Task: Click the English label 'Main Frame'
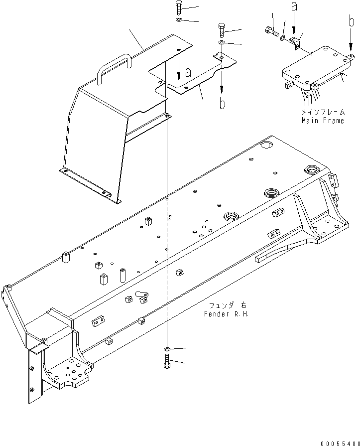(x=322, y=121)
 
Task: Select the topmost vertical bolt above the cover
(x=179, y=8)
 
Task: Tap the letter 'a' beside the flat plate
(x=188, y=73)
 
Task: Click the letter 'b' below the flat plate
(x=222, y=104)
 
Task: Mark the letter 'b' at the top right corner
(x=351, y=21)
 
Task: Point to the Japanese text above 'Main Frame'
(x=322, y=113)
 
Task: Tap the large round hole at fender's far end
(x=267, y=145)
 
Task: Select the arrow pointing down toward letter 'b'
(x=222, y=82)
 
